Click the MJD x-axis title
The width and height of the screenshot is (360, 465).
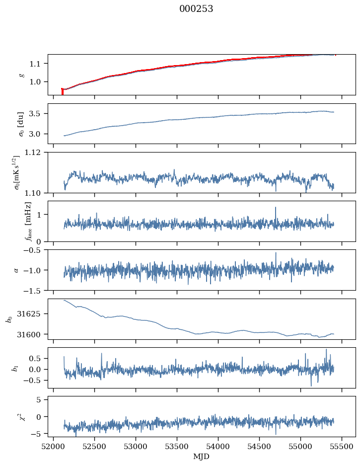click(201, 457)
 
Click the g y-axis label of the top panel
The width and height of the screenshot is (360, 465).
click(21, 75)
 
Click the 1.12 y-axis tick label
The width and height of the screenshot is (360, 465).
click(37, 153)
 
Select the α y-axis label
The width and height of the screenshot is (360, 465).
click(16, 270)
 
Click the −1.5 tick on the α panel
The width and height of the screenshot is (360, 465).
click(36, 290)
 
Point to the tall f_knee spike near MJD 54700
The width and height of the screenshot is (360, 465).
click(275, 208)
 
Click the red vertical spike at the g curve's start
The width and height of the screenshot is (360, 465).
click(62, 91)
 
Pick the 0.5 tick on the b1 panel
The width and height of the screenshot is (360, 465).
click(39, 358)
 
